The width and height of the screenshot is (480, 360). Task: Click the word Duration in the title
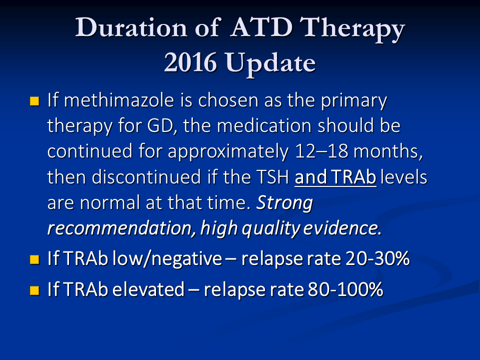point(131,27)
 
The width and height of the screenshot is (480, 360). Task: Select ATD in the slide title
point(261,27)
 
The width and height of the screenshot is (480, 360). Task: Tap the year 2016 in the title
point(190,63)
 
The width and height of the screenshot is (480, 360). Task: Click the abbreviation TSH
point(272,177)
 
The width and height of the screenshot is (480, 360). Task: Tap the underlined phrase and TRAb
point(335,177)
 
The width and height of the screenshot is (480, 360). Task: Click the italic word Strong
point(284,203)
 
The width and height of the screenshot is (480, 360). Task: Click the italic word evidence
point(342,228)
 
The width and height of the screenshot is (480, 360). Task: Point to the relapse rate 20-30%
point(378,258)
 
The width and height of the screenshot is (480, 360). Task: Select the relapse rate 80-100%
point(345,289)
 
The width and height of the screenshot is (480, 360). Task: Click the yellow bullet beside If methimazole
point(34,101)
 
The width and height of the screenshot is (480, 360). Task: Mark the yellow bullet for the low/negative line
point(34,259)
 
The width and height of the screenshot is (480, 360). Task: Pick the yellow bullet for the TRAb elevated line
point(34,290)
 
